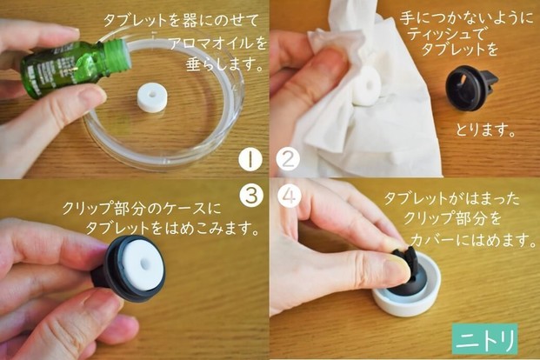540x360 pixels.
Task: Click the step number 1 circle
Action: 250,159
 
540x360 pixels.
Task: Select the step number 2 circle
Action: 288,159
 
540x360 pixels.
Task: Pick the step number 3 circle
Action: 251,196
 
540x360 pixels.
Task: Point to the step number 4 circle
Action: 290,196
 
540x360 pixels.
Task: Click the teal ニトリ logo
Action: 485,339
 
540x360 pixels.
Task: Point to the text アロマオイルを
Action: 218,43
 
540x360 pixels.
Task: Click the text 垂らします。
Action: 224,64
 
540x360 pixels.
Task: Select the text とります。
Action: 485,130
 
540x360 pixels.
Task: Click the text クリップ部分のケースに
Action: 141,209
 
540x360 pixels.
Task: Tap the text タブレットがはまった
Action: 451,199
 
